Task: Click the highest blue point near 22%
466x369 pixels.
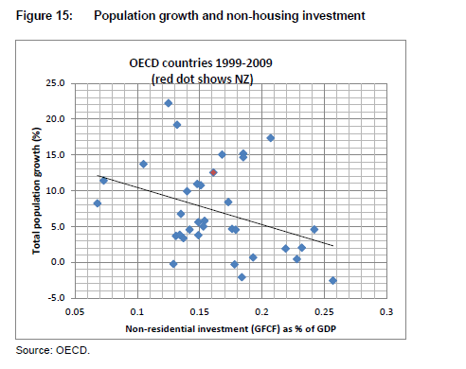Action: [168, 103]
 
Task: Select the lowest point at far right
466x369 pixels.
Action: [332, 280]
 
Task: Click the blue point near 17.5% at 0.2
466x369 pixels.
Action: [271, 138]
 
